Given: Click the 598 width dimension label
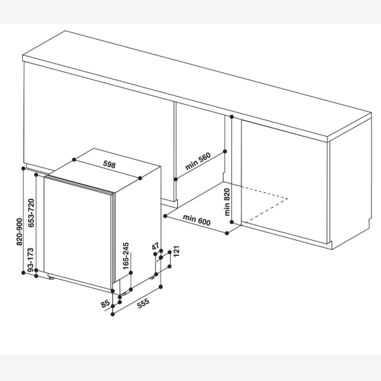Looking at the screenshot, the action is click(x=109, y=164).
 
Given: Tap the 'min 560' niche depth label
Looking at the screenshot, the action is click(x=198, y=161).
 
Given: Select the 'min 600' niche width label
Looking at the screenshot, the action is click(x=197, y=220).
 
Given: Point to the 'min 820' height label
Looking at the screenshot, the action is click(x=227, y=202).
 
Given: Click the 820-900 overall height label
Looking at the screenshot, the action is click(x=19, y=232).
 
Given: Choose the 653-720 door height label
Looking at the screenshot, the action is click(x=31, y=213).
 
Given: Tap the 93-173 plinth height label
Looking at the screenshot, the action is click(x=30, y=260).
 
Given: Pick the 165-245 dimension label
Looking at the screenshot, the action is click(x=126, y=256).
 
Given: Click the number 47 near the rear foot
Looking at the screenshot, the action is click(x=156, y=246).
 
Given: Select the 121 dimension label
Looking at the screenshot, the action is click(x=177, y=251).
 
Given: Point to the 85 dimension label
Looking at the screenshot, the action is click(x=105, y=304).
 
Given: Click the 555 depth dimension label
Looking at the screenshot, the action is click(x=143, y=304).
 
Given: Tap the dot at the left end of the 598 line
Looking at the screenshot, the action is click(x=74, y=159).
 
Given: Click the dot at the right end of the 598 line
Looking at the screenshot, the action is click(x=140, y=178).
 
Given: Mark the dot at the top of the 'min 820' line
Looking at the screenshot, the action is click(x=232, y=117).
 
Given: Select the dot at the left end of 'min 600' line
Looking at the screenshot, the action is click(x=165, y=216).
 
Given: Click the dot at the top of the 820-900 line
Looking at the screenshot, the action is click(x=23, y=168).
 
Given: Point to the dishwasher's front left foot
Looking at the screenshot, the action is click(x=51, y=277).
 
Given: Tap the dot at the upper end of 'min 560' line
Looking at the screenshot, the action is click(x=225, y=151).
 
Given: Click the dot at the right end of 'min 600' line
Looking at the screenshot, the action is click(x=227, y=233).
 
